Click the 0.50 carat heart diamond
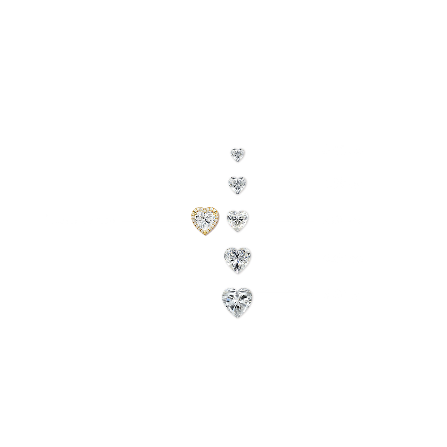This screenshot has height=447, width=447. coord(237,154)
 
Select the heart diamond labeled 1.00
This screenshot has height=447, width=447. coord(237,184)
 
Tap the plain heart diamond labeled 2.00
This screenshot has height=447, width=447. coord(237,219)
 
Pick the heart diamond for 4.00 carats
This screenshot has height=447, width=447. coord(238,258)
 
